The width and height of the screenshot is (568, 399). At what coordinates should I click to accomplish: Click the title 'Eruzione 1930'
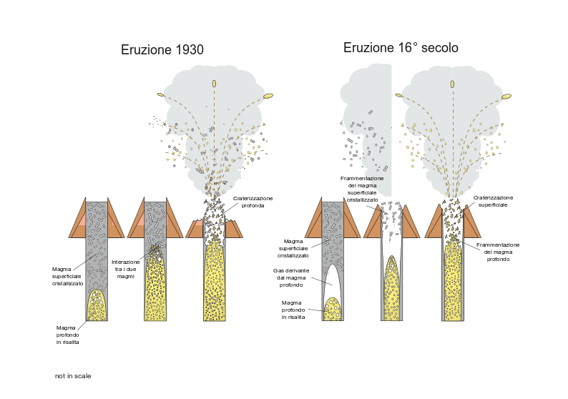click(162, 50)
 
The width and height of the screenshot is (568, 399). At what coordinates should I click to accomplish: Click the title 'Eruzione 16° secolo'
click(401, 48)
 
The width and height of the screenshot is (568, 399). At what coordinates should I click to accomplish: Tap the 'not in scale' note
click(73, 376)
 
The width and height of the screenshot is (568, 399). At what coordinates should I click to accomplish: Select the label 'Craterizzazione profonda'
click(253, 202)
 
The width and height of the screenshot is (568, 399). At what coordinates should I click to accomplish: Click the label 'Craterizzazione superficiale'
click(493, 201)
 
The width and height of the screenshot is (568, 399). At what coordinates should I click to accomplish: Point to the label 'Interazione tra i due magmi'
click(125, 269)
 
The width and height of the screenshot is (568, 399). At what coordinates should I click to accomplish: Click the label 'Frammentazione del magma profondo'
click(498, 252)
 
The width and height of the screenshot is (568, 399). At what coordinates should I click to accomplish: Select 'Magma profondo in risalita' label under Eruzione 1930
click(68, 335)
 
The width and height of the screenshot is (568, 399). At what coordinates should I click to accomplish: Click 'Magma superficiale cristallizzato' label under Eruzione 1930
click(67, 276)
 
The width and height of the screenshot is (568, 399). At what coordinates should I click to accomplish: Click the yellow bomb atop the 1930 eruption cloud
click(214, 84)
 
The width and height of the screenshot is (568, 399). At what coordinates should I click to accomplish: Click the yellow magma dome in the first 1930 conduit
click(97, 306)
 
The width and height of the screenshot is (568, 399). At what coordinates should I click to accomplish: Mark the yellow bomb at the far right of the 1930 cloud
click(268, 95)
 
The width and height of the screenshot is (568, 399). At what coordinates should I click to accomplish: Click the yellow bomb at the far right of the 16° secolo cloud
click(506, 96)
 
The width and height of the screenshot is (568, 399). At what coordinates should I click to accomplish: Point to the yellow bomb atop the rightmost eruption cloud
click(452, 84)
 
